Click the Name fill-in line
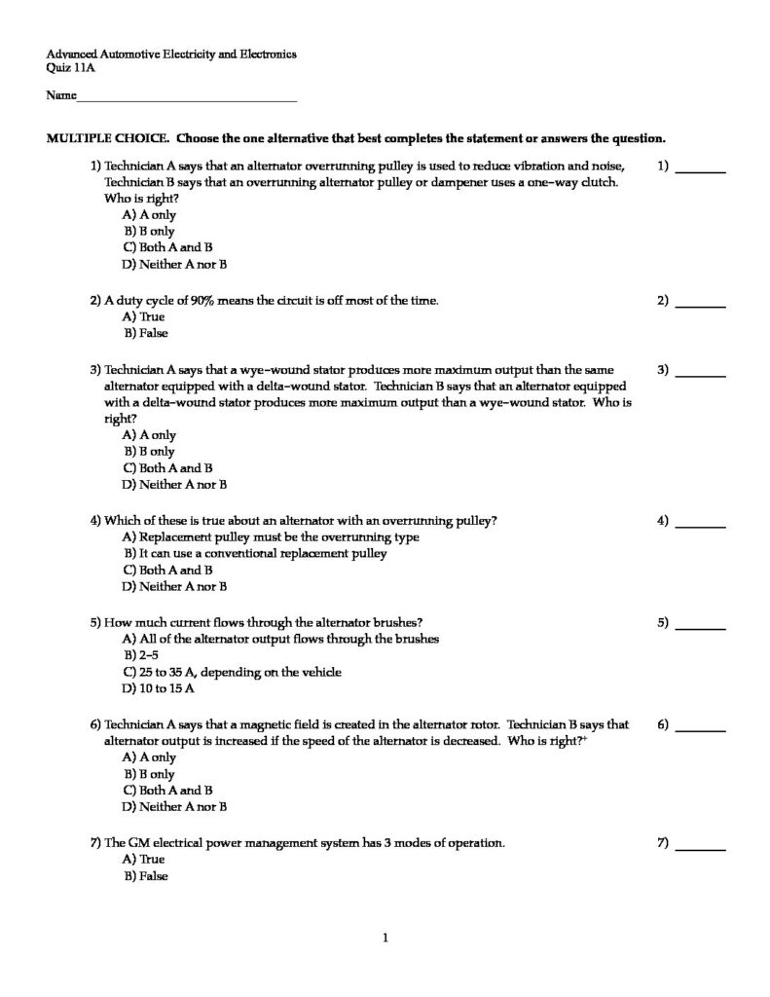pyautogui.click(x=186, y=98)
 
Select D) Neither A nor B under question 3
pyautogui.click(x=174, y=484)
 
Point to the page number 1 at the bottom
pyautogui.click(x=386, y=939)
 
